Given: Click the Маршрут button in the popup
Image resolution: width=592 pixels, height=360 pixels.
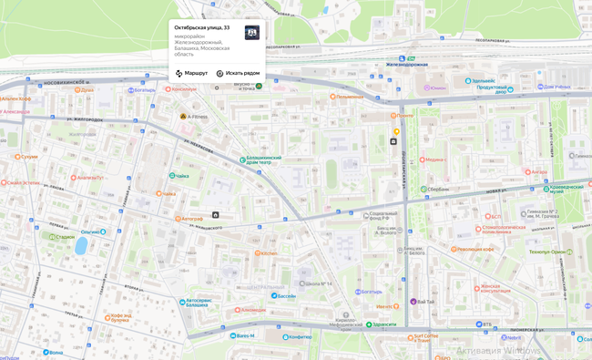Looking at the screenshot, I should [191, 73].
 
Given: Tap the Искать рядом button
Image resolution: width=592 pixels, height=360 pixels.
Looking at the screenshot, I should [238, 73].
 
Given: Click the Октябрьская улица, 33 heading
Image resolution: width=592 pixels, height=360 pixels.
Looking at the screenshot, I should [201, 27].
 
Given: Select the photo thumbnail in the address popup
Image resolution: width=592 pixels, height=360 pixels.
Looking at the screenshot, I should [251, 33].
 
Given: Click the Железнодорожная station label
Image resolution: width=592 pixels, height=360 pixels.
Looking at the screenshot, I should [406, 65].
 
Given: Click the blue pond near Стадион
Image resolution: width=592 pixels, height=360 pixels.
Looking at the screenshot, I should [81, 245].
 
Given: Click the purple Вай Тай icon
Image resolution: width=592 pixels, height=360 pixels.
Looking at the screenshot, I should [413, 301].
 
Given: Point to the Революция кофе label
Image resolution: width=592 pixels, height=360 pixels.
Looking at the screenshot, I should [475, 249].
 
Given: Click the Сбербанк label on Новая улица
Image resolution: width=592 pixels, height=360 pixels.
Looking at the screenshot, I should [438, 190].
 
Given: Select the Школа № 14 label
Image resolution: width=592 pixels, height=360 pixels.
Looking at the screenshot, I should [318, 283].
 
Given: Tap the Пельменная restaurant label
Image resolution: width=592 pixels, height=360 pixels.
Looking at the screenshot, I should [349, 97].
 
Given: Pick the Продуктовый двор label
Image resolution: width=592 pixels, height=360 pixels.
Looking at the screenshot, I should [491, 89].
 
